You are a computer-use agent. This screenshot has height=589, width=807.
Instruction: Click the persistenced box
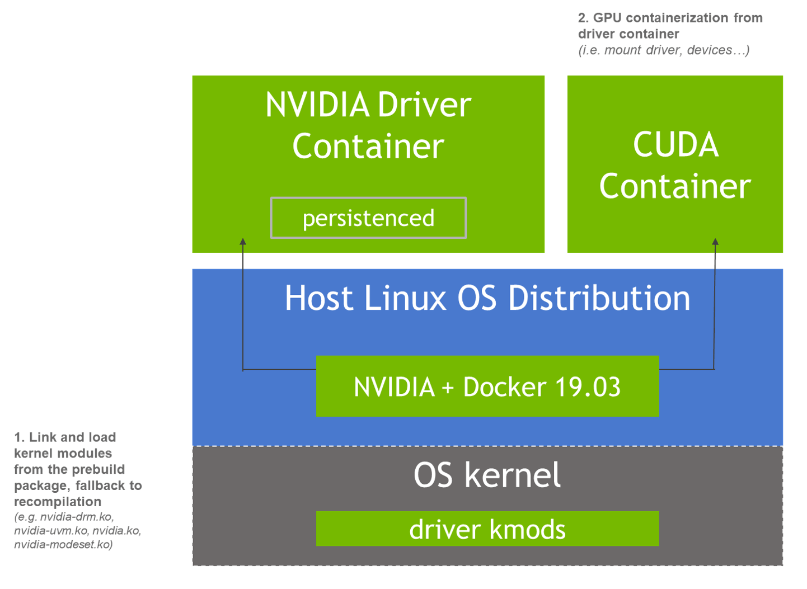click(x=368, y=218)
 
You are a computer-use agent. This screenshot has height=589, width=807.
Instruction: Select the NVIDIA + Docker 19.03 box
click(x=487, y=387)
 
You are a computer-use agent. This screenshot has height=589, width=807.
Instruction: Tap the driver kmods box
click(x=487, y=529)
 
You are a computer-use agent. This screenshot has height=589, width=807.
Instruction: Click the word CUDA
click(x=675, y=145)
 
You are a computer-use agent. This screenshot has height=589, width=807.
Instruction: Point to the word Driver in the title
click(x=424, y=105)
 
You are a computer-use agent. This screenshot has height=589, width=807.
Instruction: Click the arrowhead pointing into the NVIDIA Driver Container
click(x=243, y=242)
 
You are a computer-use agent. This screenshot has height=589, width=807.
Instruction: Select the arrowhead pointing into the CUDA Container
click(x=715, y=242)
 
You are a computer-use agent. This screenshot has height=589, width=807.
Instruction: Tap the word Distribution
click(x=599, y=298)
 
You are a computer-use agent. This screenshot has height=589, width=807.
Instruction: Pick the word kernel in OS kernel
click(x=512, y=475)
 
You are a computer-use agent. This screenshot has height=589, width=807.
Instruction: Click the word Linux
click(x=405, y=298)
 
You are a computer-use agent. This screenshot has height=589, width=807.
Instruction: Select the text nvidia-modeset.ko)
click(x=63, y=544)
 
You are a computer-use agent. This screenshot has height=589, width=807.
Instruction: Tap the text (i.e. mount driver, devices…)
click(x=663, y=50)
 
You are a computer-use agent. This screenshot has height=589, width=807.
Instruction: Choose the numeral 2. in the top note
click(x=583, y=18)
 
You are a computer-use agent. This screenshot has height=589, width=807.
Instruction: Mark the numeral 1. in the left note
click(x=18, y=437)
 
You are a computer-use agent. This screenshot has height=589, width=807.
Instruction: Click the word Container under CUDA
click(x=675, y=186)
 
